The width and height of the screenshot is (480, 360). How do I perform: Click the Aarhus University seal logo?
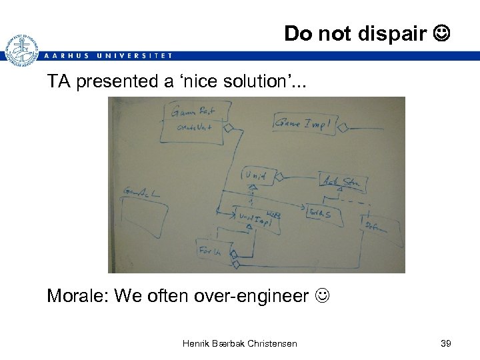click(21, 49)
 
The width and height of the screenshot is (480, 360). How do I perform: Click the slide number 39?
click(446, 343)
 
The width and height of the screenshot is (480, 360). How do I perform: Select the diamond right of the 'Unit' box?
click(279, 177)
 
